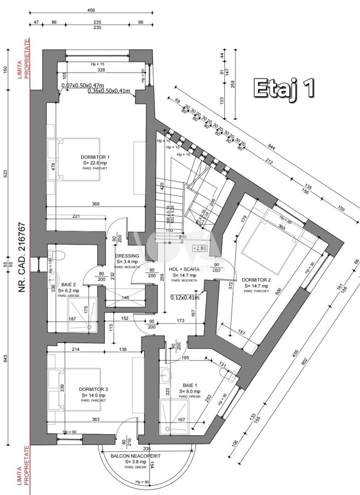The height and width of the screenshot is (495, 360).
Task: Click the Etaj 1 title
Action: click(284, 88)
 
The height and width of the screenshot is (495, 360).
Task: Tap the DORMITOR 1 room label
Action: click(96, 157)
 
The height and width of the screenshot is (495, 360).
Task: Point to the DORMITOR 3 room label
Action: click(93, 389)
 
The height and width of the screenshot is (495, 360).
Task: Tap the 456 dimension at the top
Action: click(91, 10)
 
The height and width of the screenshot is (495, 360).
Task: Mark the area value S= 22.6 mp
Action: click(96, 162)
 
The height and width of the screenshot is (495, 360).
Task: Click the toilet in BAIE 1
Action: click(230, 376)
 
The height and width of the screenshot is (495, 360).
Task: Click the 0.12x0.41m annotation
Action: click(185, 297)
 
